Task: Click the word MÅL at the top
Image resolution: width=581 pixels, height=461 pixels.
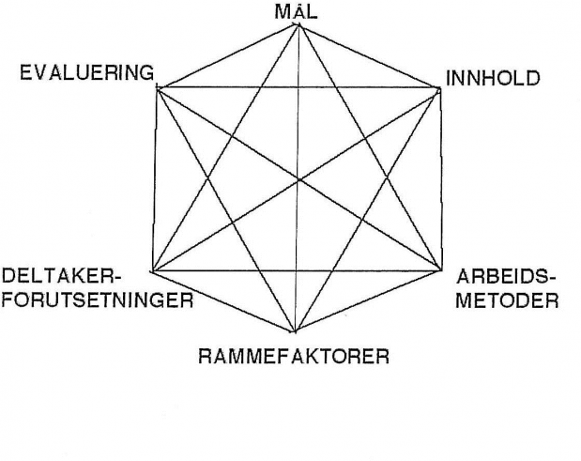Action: click(x=296, y=11)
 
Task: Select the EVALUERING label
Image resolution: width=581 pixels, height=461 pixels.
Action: click(x=86, y=72)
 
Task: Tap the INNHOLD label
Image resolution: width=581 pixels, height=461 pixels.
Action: click(x=493, y=79)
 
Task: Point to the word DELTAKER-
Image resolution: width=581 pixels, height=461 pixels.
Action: click(x=62, y=276)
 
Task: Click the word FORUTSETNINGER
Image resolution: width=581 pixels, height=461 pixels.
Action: click(x=98, y=300)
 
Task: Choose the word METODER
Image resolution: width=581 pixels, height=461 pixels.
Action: click(x=507, y=300)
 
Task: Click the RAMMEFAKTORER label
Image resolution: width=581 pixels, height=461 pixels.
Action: click(x=294, y=357)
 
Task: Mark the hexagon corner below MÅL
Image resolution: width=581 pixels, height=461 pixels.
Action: click(x=298, y=24)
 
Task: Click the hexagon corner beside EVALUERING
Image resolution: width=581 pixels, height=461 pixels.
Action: click(x=158, y=88)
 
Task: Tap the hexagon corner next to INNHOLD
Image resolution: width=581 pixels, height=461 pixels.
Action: click(x=440, y=88)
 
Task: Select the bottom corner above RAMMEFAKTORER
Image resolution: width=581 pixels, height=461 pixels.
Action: click(x=295, y=330)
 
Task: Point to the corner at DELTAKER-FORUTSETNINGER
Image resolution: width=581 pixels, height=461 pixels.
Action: click(x=153, y=271)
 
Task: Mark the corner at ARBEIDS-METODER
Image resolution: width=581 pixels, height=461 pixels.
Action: click(x=441, y=269)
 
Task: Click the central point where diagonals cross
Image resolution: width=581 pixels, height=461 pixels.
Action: click(x=298, y=180)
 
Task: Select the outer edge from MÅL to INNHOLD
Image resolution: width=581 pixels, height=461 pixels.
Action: click(x=369, y=56)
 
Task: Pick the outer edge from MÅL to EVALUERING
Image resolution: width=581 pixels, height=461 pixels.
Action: click(x=228, y=56)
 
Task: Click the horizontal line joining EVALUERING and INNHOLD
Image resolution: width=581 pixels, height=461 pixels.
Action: click(x=298, y=88)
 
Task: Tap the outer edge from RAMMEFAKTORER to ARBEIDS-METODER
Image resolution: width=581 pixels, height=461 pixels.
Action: click(x=368, y=300)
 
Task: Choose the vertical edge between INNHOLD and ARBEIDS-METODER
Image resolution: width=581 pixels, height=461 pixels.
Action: click(x=441, y=179)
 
